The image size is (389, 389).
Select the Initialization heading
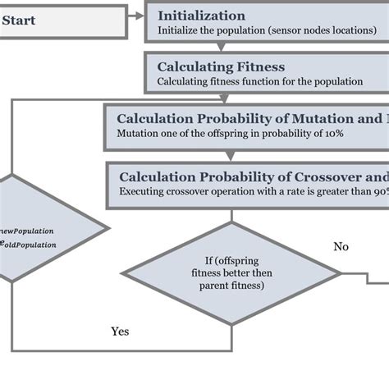[x=201, y=16]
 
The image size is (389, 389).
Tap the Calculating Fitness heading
[x=221, y=66]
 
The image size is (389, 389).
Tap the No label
[x=341, y=246]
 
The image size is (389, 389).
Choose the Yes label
[x=120, y=332]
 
